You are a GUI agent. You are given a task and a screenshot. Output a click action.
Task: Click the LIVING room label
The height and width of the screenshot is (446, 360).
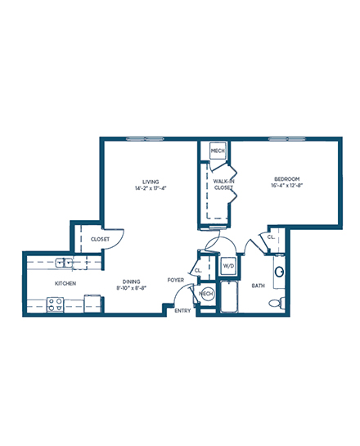(151, 182)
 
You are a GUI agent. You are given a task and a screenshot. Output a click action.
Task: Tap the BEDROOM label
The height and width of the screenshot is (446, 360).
(286, 179)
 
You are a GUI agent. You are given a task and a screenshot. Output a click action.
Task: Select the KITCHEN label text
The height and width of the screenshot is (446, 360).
(65, 283)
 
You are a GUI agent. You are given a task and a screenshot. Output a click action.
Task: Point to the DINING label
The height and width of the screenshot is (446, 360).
(132, 282)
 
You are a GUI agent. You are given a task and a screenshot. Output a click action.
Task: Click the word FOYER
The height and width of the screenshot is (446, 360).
(176, 280)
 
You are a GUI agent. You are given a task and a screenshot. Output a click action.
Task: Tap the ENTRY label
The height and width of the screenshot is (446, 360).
(182, 311)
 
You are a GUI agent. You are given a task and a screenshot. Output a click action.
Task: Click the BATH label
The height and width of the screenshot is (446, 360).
(259, 286)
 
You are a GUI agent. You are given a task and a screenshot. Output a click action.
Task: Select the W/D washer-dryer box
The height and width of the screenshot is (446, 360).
(228, 266)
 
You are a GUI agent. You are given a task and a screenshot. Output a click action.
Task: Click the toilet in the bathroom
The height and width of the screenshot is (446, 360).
(277, 302)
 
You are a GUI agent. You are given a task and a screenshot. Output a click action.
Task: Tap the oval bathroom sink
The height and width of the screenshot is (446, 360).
(279, 272)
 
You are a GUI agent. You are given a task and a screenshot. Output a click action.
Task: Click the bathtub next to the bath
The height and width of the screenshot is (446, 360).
(229, 297)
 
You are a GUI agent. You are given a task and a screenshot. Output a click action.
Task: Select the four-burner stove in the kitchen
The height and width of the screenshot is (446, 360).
(55, 304)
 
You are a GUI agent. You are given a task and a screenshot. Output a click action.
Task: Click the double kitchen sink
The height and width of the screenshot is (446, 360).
(64, 263)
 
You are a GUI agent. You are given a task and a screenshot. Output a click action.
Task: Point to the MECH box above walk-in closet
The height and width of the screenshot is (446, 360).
(218, 151)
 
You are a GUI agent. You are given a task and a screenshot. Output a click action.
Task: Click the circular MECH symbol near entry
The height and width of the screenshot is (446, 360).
(207, 294)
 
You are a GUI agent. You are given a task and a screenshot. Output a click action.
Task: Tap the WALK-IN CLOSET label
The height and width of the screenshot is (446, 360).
(223, 184)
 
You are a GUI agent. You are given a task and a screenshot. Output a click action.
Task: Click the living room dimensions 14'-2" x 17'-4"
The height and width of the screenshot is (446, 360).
(151, 188)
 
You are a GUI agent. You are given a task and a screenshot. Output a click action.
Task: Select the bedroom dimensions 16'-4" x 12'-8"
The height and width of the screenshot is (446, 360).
(286, 185)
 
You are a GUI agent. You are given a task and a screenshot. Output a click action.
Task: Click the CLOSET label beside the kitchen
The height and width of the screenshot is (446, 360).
(100, 239)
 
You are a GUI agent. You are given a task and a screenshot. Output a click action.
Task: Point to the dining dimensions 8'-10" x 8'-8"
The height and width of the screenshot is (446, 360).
(132, 288)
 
